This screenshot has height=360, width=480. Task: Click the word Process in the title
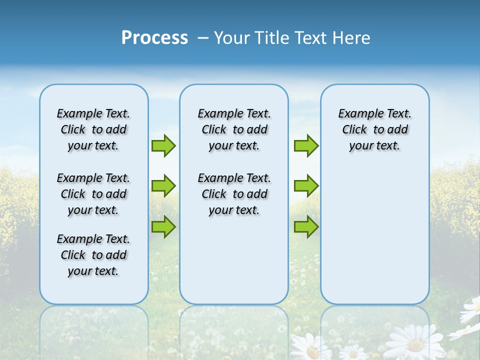154,37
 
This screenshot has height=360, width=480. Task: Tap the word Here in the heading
352,37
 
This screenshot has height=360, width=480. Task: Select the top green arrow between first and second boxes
163,145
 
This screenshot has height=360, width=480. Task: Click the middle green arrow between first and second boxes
163,185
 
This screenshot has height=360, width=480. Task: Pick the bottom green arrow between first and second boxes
163,226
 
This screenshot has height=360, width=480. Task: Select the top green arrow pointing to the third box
306,145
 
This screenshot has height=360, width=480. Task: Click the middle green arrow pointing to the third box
306,185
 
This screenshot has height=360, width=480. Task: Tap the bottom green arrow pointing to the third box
306,226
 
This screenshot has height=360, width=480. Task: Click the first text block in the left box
93,129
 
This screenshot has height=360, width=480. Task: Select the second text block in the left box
93,194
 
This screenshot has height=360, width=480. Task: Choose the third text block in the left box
93,255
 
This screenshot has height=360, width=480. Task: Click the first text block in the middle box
234,129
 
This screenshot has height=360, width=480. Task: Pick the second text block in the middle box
234,194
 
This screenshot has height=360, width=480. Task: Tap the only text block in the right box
374,129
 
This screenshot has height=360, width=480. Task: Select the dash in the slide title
203,37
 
